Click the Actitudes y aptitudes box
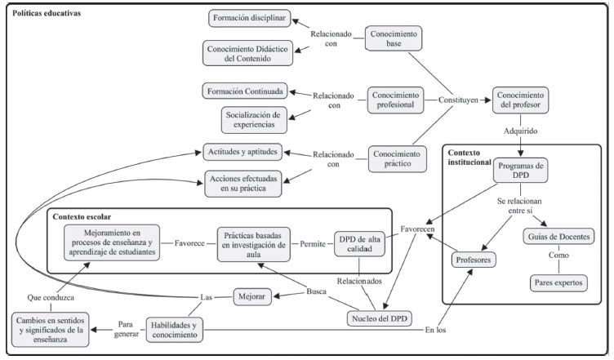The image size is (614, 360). tap(242, 151)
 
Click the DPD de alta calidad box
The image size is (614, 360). tap(363, 243)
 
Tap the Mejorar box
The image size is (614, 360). tap(257, 297)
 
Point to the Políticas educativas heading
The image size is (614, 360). tap(46, 14)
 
